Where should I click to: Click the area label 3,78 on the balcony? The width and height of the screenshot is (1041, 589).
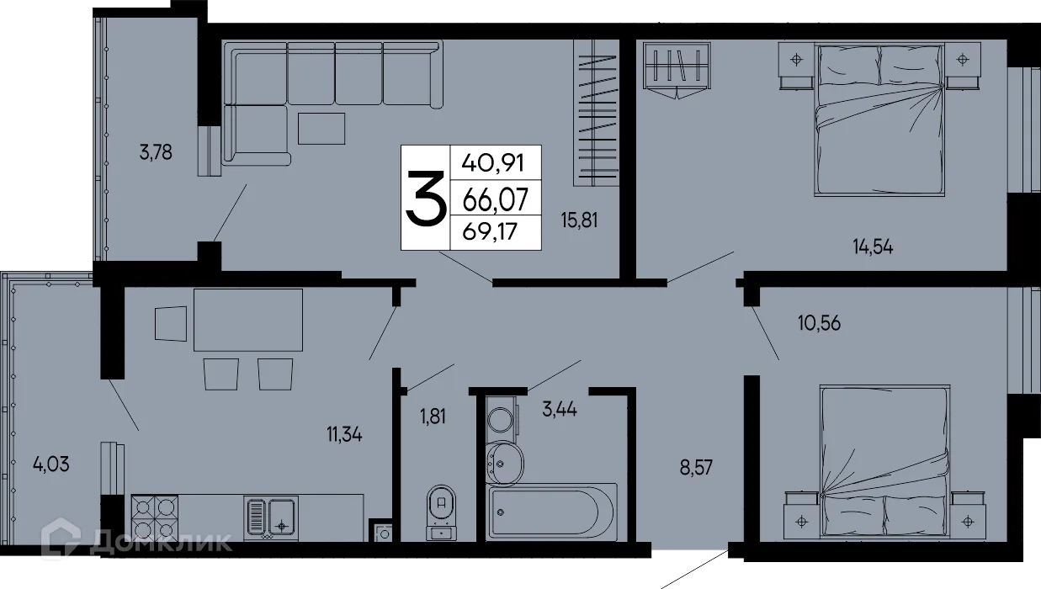click(x=157, y=153)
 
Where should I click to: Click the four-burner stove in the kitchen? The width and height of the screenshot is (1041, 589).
click(x=156, y=517)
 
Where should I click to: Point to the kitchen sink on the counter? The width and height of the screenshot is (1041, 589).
click(x=270, y=517)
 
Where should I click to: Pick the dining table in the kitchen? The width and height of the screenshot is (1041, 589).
click(x=248, y=320)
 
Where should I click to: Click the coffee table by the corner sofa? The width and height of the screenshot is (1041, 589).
click(x=321, y=128)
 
